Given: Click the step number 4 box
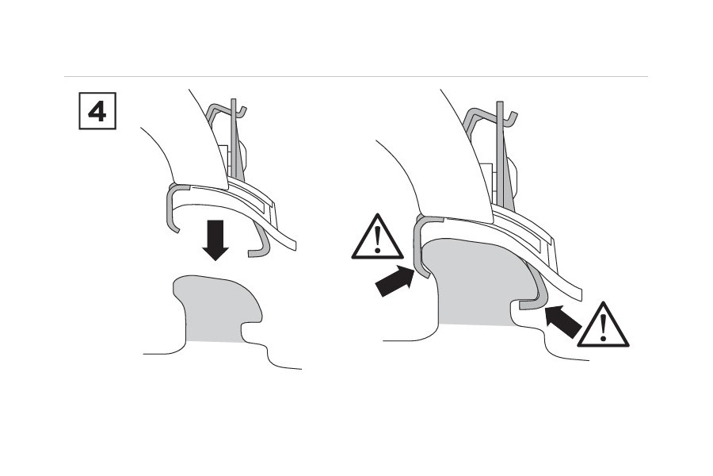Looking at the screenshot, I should tap(96, 112).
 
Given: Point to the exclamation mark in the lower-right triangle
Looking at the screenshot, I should tap(604, 328).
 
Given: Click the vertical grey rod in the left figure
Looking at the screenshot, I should tap(234, 143).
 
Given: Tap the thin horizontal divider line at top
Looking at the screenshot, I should tap(356, 77).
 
